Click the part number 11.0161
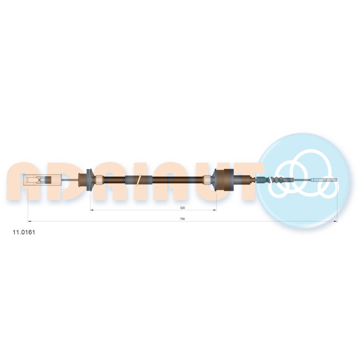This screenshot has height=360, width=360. point(24,232)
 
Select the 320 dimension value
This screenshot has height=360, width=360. point(182,208)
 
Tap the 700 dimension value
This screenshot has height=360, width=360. point(182,219)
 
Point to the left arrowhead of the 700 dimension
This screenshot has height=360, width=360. point(30,221)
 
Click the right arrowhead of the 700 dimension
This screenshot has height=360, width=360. point(336,221)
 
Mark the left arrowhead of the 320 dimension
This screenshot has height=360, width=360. point(91,210)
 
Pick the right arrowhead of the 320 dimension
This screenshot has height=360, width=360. point(215,210)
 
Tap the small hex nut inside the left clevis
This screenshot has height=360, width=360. point(42,180)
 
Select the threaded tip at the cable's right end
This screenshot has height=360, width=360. point(329,180)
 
